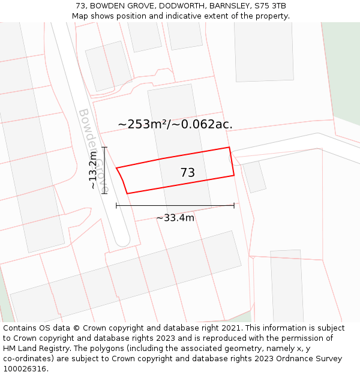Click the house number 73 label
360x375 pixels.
coord(187,173)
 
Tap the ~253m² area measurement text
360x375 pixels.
coord(142,124)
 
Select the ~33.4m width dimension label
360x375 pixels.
coord(175,218)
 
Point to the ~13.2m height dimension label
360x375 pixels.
coord(93,170)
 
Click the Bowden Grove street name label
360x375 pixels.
coord(94,150)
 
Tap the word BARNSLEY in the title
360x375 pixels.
coord(227,6)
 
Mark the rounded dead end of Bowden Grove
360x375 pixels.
coord(122,239)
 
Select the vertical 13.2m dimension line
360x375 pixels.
coord(104,170)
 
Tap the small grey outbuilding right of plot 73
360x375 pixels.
coord(254,176)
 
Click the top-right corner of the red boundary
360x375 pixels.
coord(229,147)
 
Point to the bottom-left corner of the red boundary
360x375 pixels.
coord(127,193)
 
